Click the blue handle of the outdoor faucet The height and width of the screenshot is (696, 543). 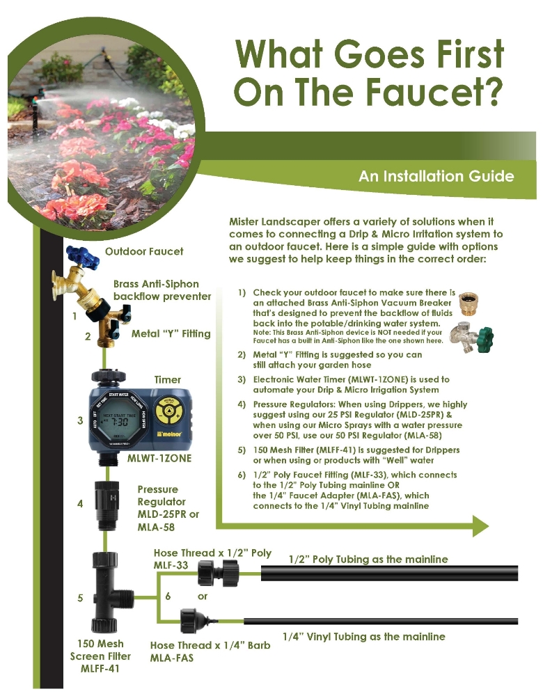81,255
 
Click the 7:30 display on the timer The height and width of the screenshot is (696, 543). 118,421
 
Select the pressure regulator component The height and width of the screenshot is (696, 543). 106,505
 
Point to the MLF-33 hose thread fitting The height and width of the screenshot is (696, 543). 218,573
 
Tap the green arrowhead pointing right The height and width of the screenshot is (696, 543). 480,526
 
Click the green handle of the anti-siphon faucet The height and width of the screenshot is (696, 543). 484,338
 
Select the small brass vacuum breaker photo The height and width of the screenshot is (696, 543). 469,303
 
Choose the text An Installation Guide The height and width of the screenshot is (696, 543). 436,176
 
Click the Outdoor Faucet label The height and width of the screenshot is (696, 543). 144,252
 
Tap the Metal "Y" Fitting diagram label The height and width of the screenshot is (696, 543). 171,334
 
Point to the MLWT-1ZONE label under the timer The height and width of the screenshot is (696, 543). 159,458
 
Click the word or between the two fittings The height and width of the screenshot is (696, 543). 203,596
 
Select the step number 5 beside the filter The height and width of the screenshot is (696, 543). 80,599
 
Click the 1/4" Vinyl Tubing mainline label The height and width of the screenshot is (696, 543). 363,637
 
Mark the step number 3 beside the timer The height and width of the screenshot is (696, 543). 80,420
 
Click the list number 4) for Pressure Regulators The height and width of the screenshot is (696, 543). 242,404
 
